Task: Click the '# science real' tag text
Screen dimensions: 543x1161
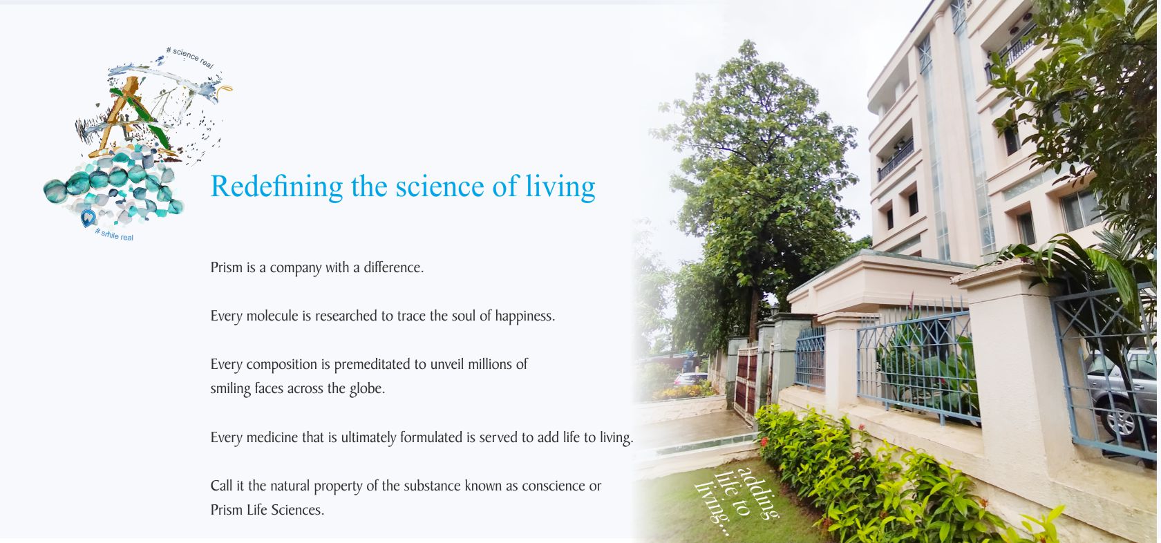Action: point(190,57)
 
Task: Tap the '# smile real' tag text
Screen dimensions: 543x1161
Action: point(114,234)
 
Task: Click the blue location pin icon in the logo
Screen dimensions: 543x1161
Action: point(88,219)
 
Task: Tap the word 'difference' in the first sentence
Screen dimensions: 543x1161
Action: point(393,267)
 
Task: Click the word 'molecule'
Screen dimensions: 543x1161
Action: point(272,316)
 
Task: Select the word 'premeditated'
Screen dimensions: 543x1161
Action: point(371,364)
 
